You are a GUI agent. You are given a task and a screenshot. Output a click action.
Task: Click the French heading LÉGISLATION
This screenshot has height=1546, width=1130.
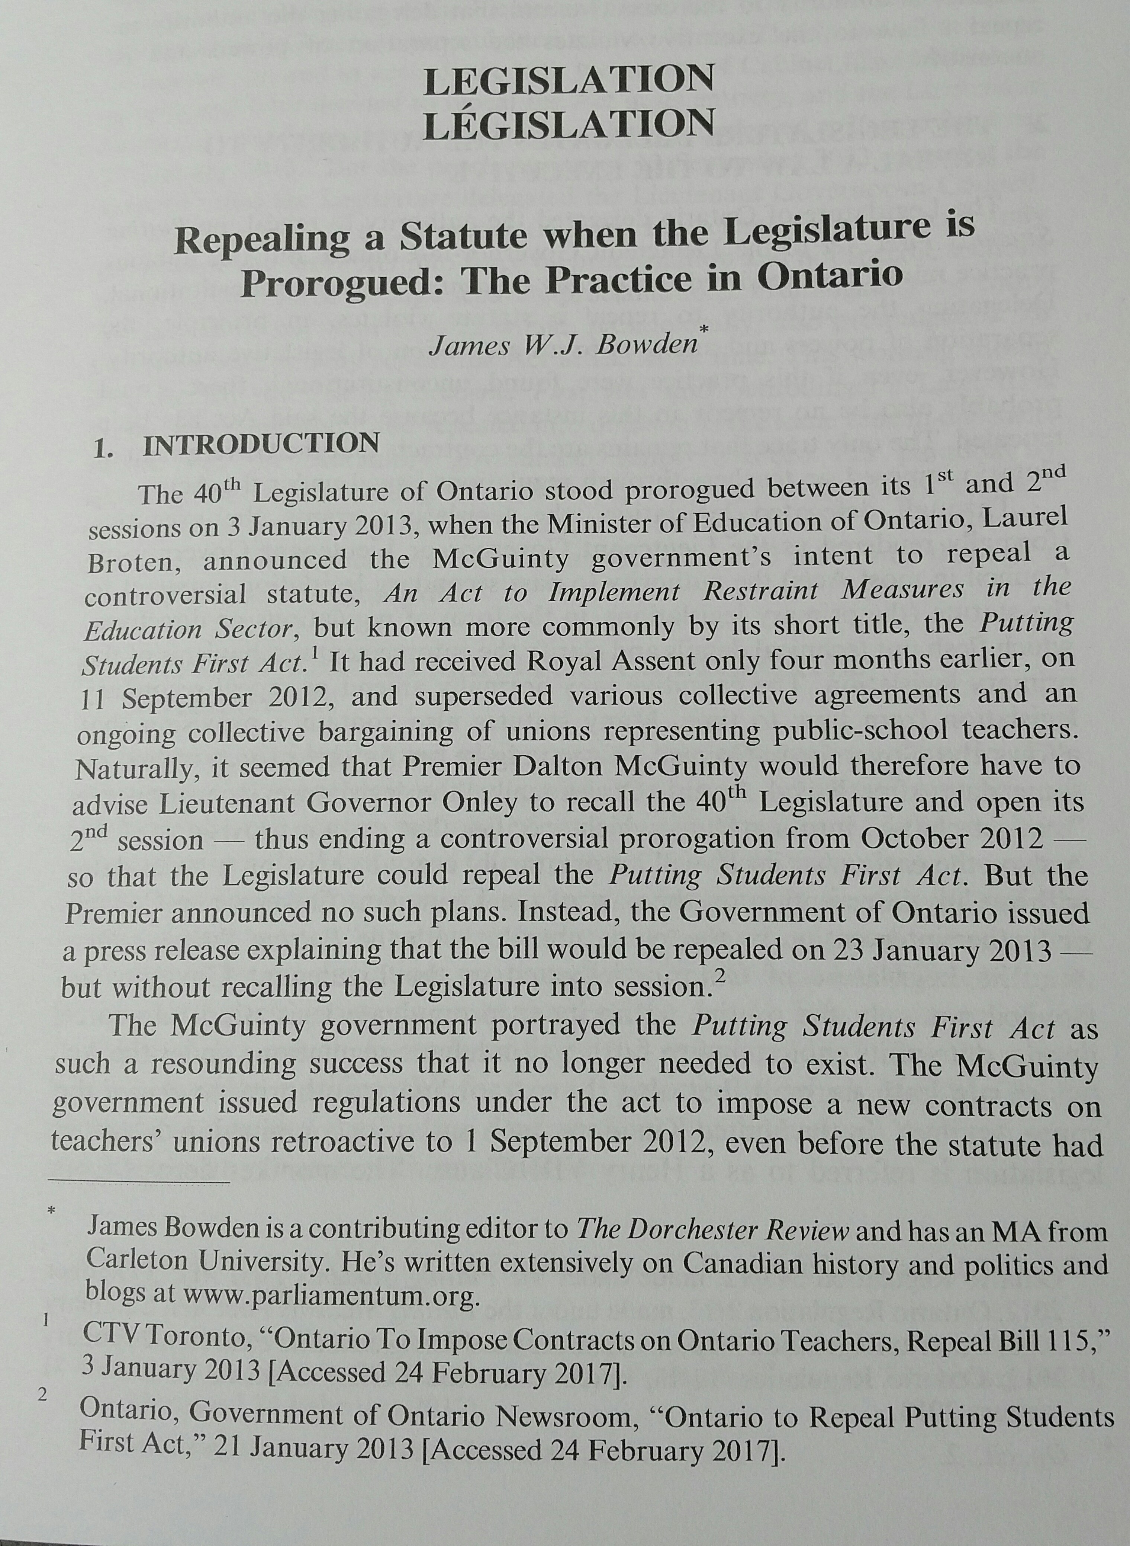coord(568,124)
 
